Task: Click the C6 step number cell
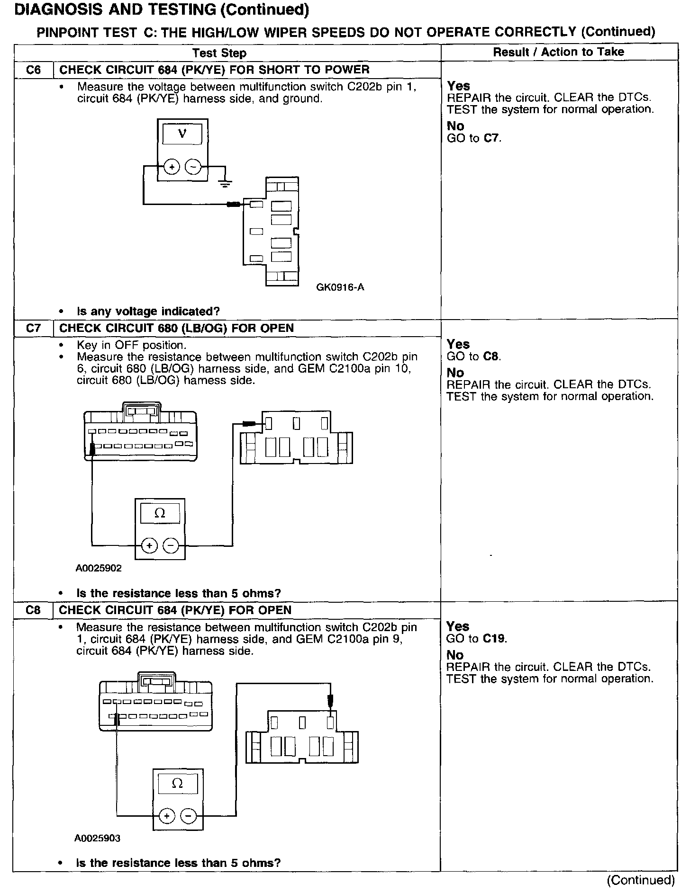(33, 70)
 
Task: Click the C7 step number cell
(33, 328)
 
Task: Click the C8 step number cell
(33, 610)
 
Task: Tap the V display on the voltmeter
(182, 134)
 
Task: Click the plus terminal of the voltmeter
(172, 167)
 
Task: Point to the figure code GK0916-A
(340, 287)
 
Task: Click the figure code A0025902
(99, 568)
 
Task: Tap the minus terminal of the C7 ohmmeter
(171, 546)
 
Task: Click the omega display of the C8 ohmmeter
(177, 784)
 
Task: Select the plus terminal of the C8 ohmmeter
(166, 816)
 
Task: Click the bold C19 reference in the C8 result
(495, 639)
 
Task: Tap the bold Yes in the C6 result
(458, 86)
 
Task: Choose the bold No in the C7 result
(455, 373)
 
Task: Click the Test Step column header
(219, 53)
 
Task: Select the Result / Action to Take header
(558, 52)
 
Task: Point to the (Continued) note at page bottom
(641, 880)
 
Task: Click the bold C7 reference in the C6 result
(492, 138)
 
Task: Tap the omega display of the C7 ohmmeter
(160, 513)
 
